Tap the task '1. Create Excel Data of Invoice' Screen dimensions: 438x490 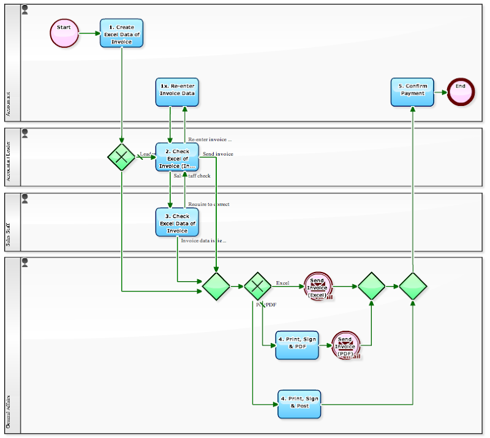121,34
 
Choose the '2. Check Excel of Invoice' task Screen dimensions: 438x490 177,157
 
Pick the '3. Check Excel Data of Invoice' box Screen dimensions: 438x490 177,222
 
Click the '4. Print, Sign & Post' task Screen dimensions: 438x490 298,404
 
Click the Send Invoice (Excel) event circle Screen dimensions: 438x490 318,286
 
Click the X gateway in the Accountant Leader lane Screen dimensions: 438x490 121,157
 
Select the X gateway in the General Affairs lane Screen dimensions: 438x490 257,286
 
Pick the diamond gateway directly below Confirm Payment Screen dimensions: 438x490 413,286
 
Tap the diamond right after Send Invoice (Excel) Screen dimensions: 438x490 371,286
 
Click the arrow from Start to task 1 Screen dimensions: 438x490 89,33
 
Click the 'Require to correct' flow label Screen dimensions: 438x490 208,204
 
